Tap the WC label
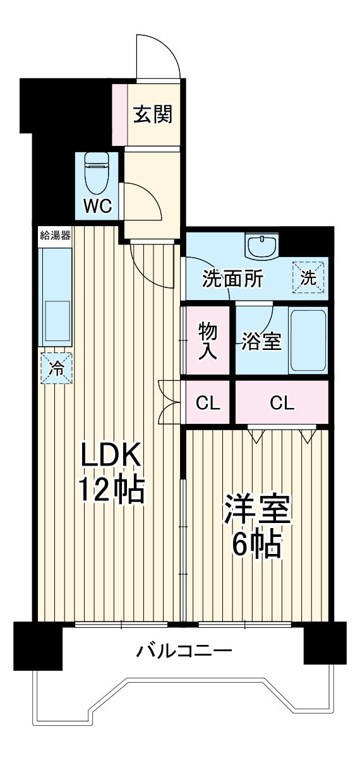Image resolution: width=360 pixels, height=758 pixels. tap(99, 205)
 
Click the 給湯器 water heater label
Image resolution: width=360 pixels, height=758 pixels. tap(55, 237)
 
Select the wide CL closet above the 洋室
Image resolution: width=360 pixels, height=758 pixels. tap(282, 402)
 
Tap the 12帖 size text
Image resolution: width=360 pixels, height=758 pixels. tap(112, 490)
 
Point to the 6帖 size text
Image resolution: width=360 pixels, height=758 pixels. tap(256, 545)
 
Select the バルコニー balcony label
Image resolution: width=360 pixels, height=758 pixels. tap(183, 651)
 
